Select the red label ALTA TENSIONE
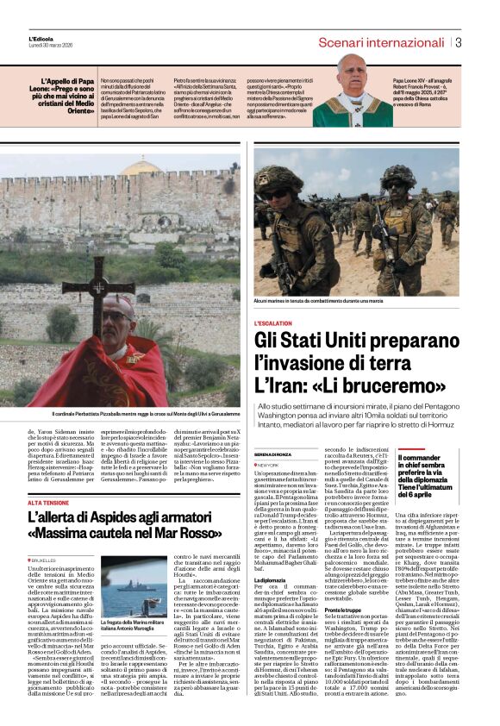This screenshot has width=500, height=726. click(x=48, y=501)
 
